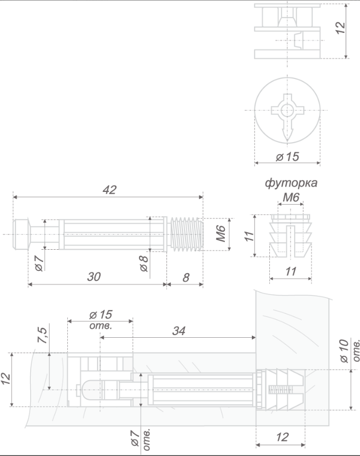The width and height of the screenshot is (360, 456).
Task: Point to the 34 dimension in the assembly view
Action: coord(179,331)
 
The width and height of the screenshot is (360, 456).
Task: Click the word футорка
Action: coord(291,183)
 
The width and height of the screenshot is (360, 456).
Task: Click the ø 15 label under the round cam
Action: coord(287,157)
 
